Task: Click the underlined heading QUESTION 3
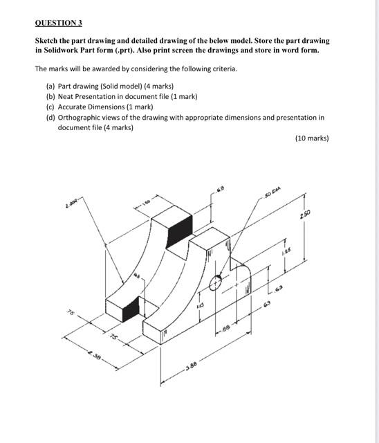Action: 59,23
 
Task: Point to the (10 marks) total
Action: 311,138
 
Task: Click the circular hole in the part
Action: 216,282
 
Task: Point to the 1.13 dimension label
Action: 200,305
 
